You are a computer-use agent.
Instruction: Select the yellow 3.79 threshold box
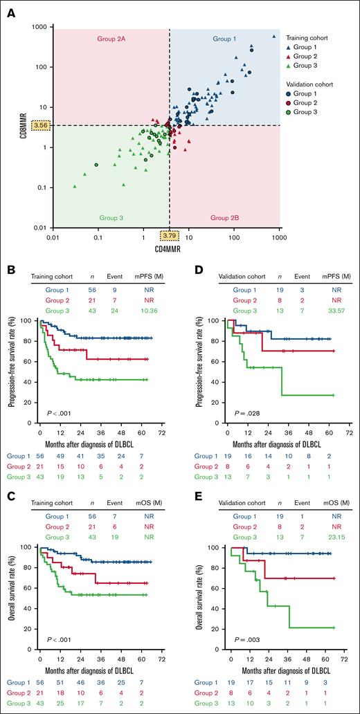click(x=169, y=236)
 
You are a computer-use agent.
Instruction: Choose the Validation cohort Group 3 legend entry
click(x=305, y=111)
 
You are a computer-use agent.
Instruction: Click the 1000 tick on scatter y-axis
click(x=39, y=27)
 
